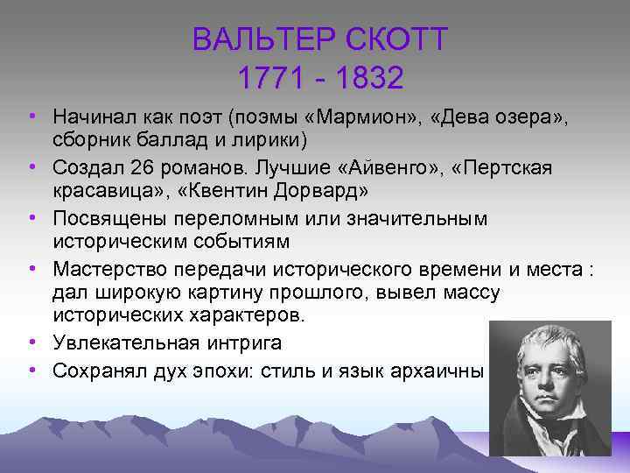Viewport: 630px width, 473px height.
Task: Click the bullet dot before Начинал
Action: [31, 116]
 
